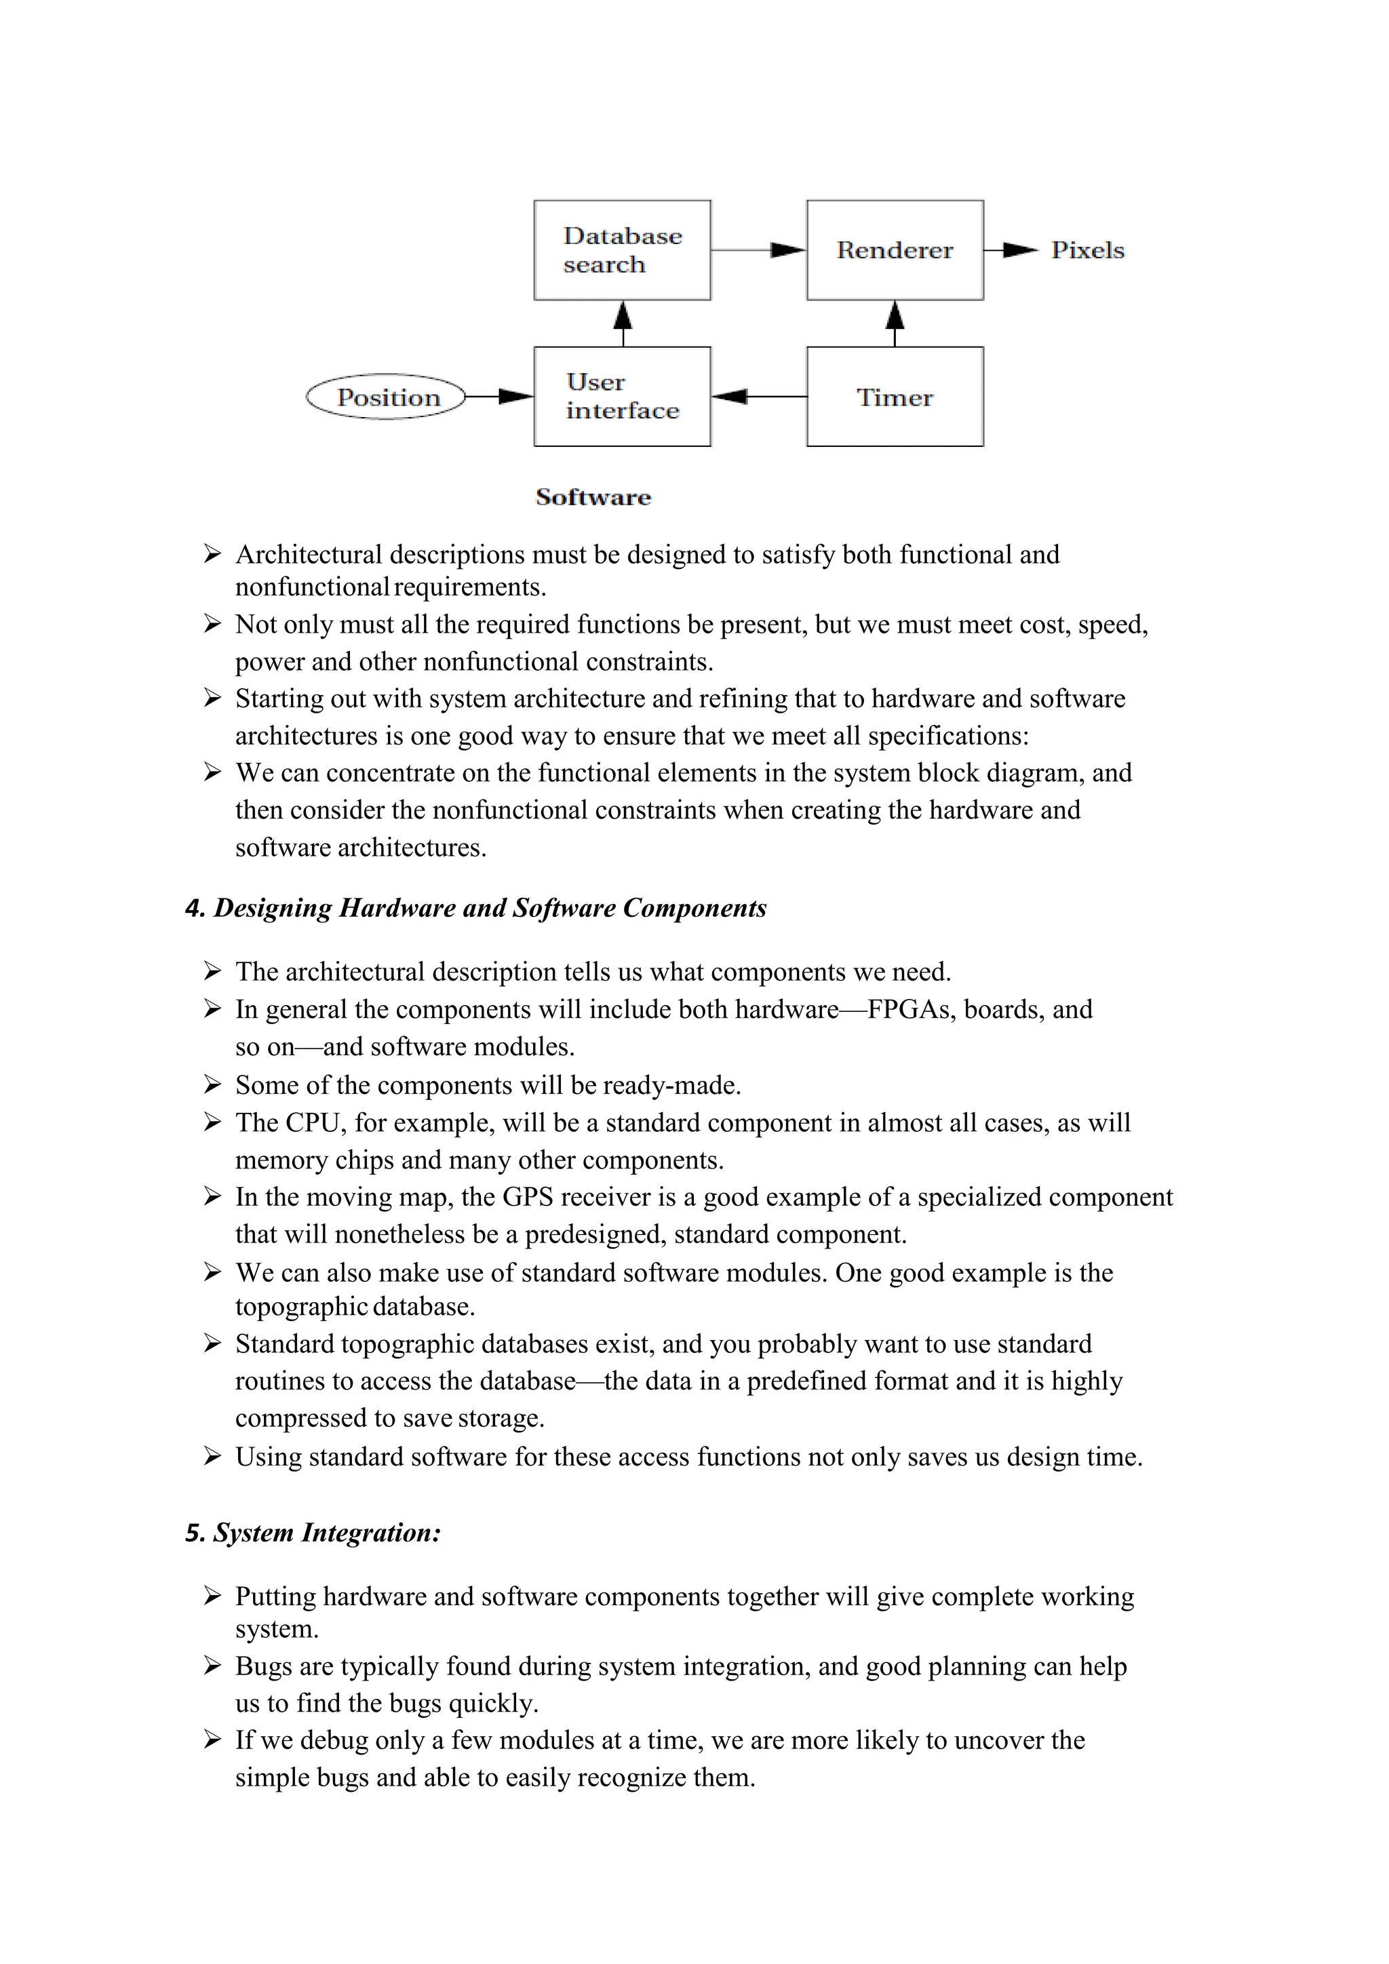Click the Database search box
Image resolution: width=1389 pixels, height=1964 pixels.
click(622, 250)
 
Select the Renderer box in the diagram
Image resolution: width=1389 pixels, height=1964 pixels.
click(895, 250)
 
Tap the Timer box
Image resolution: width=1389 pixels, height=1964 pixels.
click(895, 396)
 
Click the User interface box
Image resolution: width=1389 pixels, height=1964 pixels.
click(622, 396)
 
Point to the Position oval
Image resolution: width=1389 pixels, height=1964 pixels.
click(387, 397)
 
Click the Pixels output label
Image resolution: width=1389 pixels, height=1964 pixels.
click(1087, 250)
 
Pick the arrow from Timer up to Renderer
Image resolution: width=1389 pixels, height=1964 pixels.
click(895, 323)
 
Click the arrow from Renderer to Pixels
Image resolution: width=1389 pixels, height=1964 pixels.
click(1011, 250)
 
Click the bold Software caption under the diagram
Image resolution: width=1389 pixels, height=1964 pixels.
click(593, 497)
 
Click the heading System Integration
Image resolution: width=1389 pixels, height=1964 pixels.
click(314, 1532)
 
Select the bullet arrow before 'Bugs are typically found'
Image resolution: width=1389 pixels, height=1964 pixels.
click(212, 1666)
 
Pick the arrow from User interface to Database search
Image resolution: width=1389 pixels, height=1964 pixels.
click(623, 323)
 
